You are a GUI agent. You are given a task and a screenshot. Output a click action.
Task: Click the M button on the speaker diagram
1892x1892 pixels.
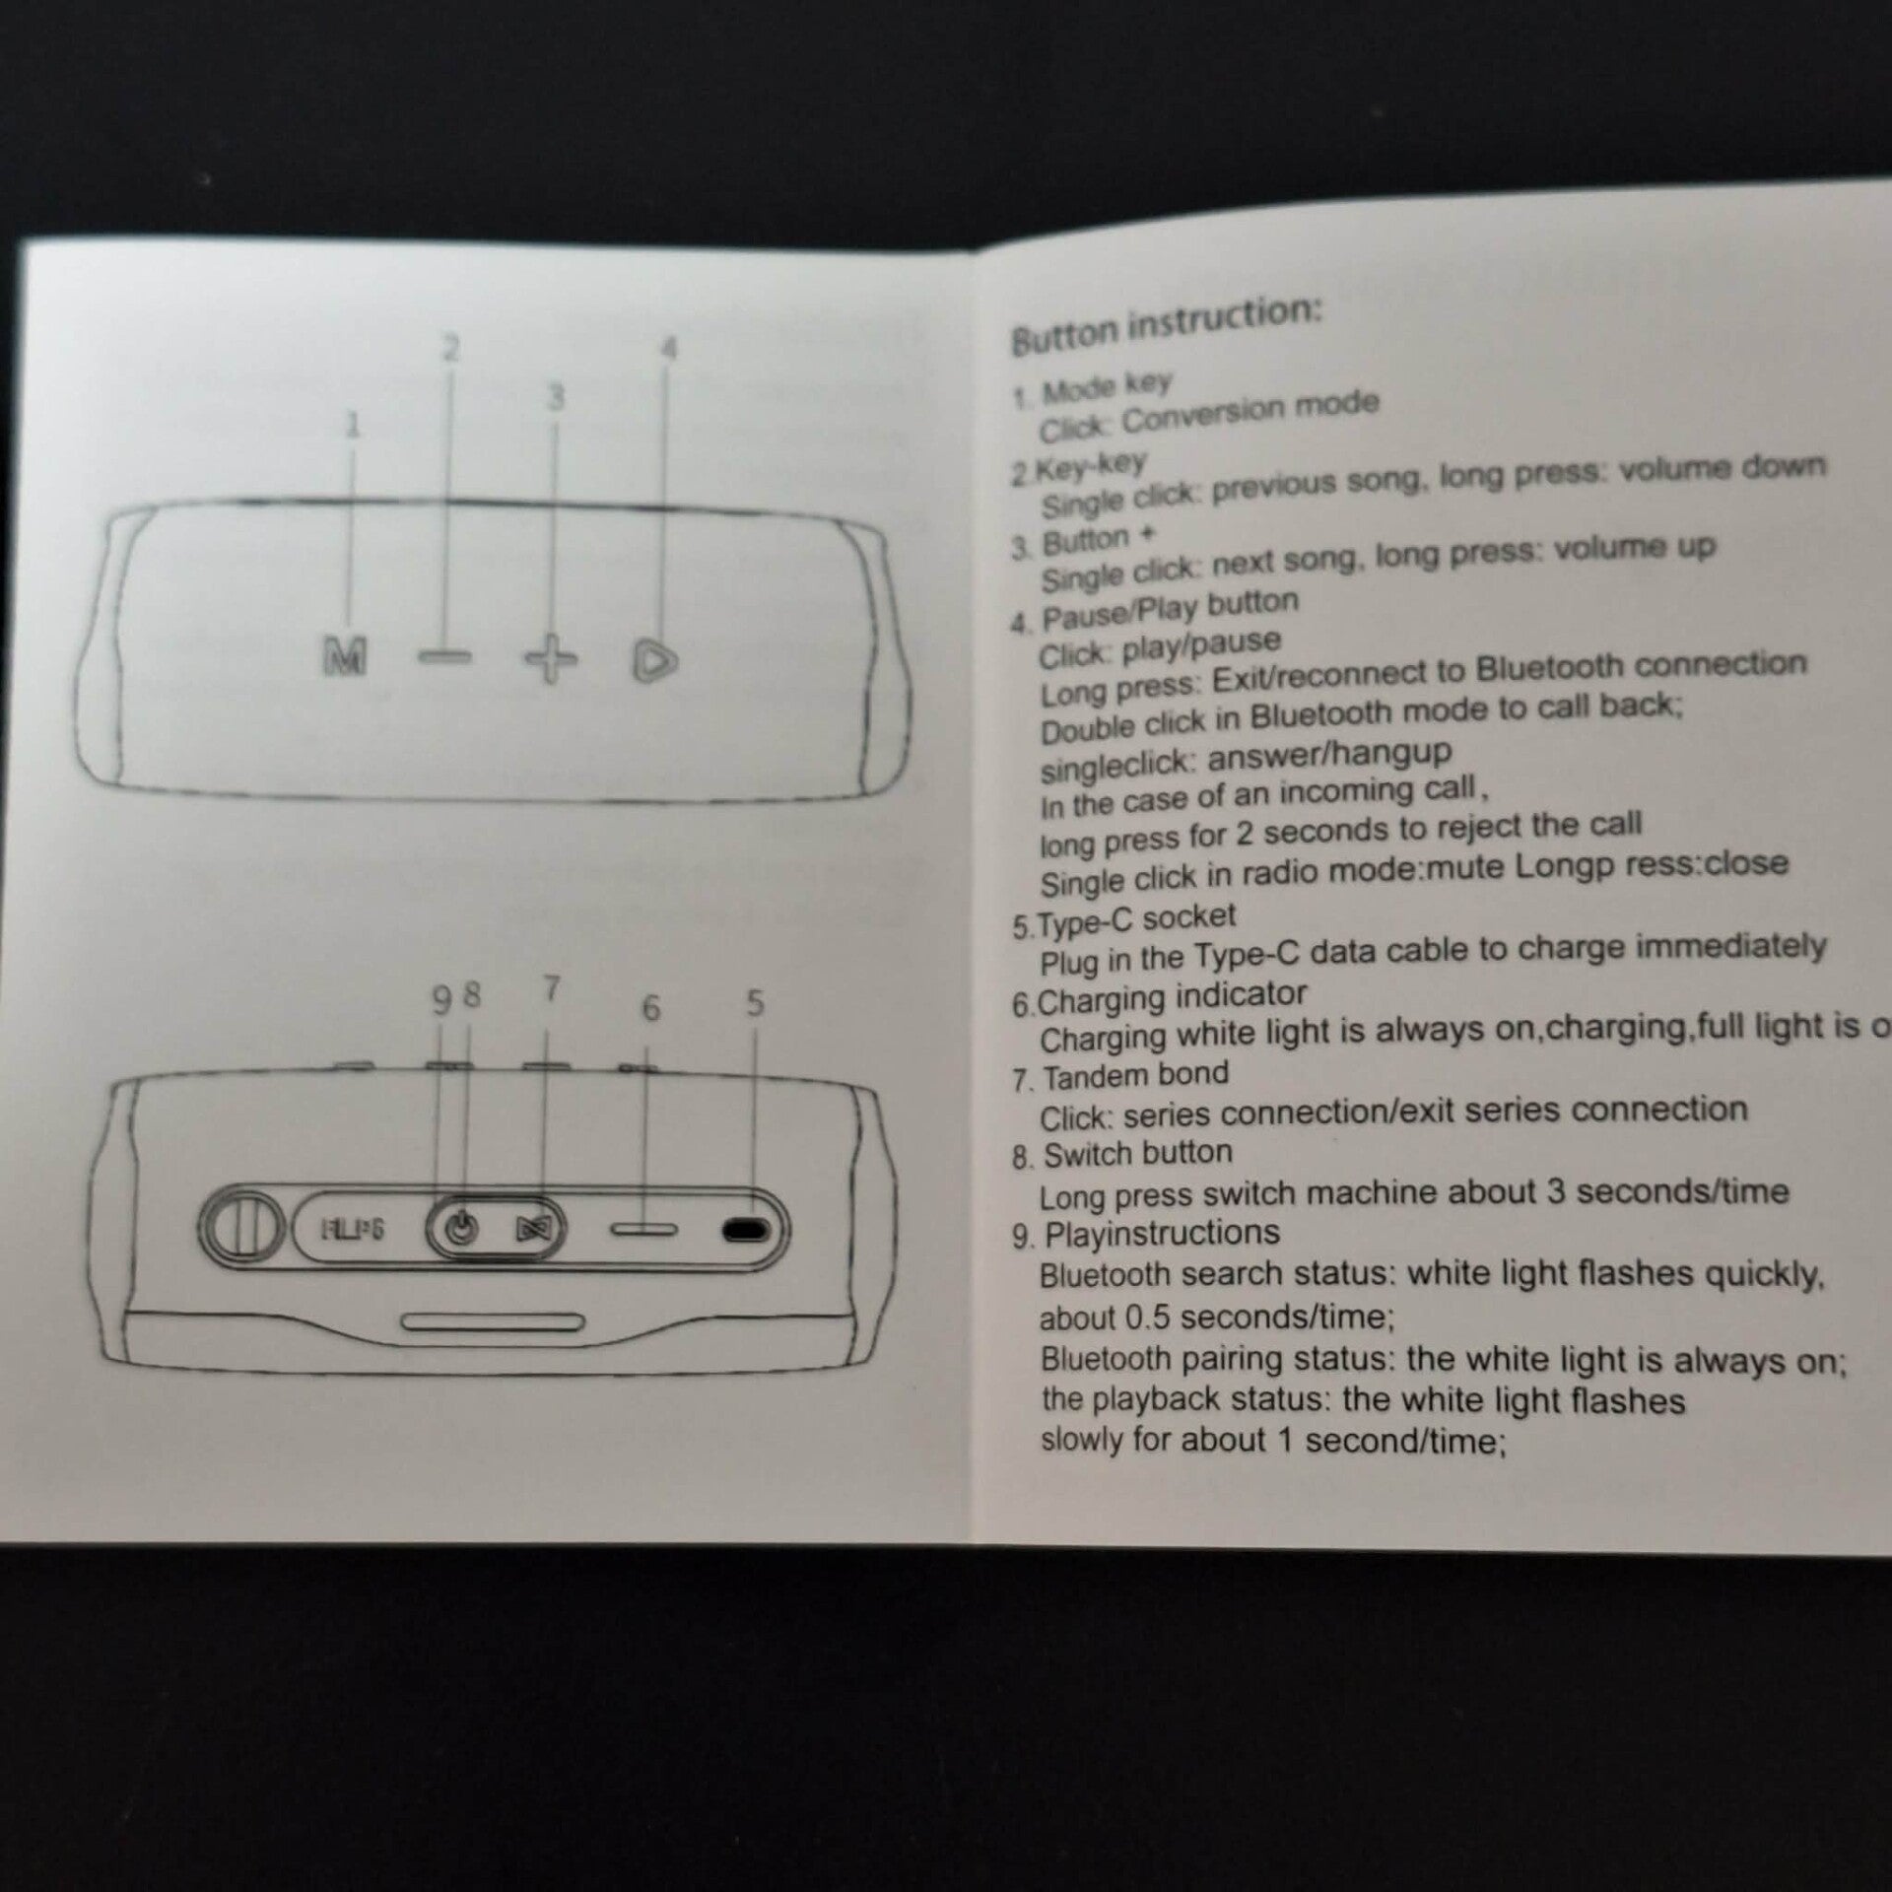pos(345,655)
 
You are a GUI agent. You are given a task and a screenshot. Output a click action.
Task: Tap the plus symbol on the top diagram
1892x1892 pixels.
pos(551,658)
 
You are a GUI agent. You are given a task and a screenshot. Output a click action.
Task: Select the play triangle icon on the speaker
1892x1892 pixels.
pos(654,661)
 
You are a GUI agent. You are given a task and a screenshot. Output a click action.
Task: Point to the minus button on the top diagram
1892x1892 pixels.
pos(444,656)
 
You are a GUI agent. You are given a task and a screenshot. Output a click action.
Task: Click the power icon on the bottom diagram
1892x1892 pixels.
pos(461,1228)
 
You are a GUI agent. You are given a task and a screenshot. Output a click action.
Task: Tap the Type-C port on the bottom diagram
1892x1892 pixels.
pos(746,1230)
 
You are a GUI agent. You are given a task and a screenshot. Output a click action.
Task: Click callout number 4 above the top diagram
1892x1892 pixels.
pos(669,349)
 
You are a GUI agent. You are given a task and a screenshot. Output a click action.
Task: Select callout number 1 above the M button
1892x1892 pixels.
pos(353,425)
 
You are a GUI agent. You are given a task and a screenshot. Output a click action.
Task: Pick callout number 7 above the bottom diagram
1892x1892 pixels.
pos(552,987)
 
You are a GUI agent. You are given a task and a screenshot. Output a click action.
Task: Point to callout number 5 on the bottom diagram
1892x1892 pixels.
pos(755,1003)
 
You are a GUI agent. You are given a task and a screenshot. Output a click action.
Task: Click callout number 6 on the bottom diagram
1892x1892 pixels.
pos(650,1007)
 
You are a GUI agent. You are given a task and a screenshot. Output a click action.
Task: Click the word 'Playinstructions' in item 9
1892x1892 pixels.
pos(1162,1233)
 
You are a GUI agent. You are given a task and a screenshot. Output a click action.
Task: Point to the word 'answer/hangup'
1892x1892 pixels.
pos(1329,756)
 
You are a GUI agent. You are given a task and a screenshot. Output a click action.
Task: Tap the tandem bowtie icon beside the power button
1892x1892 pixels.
pos(535,1229)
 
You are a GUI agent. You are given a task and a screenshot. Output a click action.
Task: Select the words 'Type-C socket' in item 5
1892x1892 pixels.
pos(1136,919)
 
